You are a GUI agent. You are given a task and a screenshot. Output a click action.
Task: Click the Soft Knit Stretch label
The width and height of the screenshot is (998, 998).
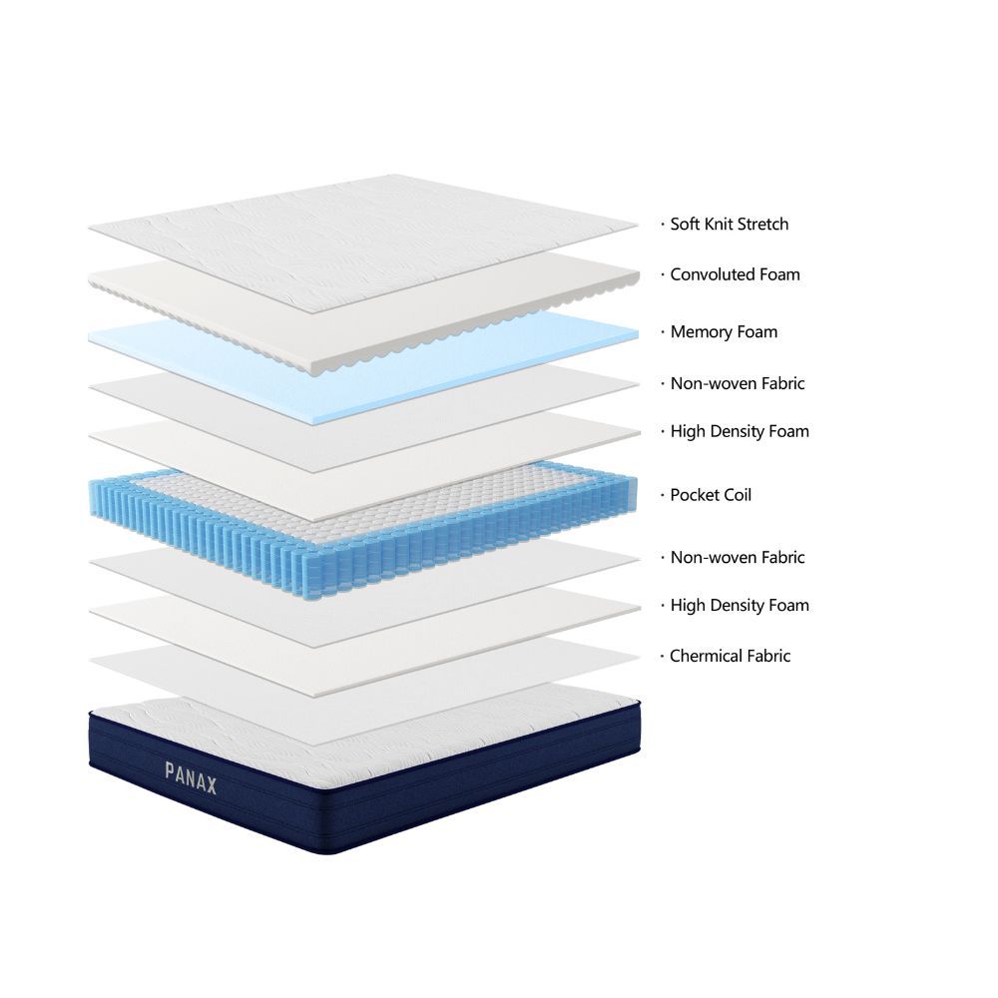click(729, 225)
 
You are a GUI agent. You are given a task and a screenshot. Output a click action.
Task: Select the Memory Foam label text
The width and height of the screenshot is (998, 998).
click(724, 332)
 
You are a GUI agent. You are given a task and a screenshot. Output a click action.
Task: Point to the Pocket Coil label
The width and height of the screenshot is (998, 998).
click(711, 495)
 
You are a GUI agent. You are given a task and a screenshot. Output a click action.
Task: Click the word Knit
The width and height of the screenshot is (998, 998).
click(721, 225)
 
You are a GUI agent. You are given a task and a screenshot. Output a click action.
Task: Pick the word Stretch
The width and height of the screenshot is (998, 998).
click(763, 225)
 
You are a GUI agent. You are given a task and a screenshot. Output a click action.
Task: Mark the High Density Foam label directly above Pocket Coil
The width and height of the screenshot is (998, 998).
click(739, 432)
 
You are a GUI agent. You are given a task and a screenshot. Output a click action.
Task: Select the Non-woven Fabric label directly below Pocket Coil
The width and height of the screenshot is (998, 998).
click(737, 558)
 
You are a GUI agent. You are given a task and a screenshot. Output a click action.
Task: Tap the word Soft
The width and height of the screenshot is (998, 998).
click(684, 225)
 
